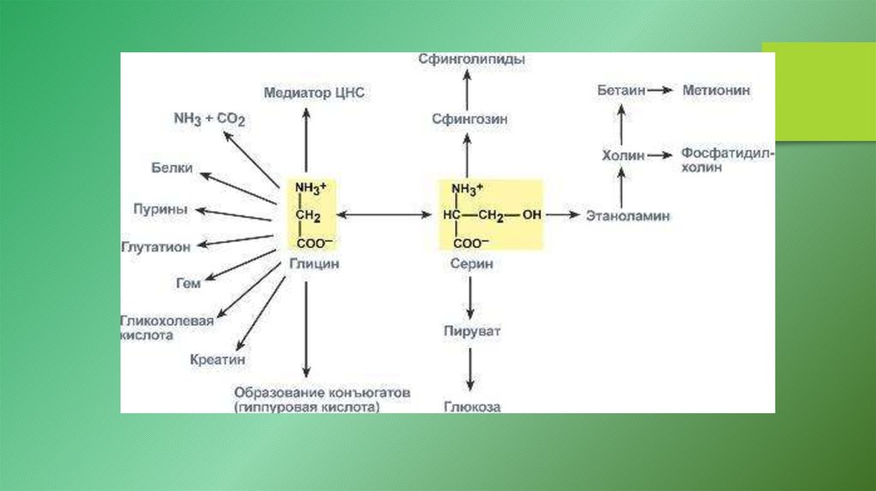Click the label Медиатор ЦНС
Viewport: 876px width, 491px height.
pos(314,92)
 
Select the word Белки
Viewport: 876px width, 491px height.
pos(172,168)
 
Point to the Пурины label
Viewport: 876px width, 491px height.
pos(161,210)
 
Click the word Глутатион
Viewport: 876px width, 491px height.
pos(155,246)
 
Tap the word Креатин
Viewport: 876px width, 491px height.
pos(217,360)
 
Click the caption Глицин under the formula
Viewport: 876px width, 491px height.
pos(312,264)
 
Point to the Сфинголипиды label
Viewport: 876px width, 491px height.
pos(471,60)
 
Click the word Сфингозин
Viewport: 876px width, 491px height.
pos(469,120)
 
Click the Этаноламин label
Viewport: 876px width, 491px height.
pos(628,216)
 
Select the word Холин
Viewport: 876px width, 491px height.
pos(621,155)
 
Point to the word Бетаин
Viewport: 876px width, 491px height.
pos(620,90)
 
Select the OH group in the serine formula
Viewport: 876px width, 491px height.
pos(531,216)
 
